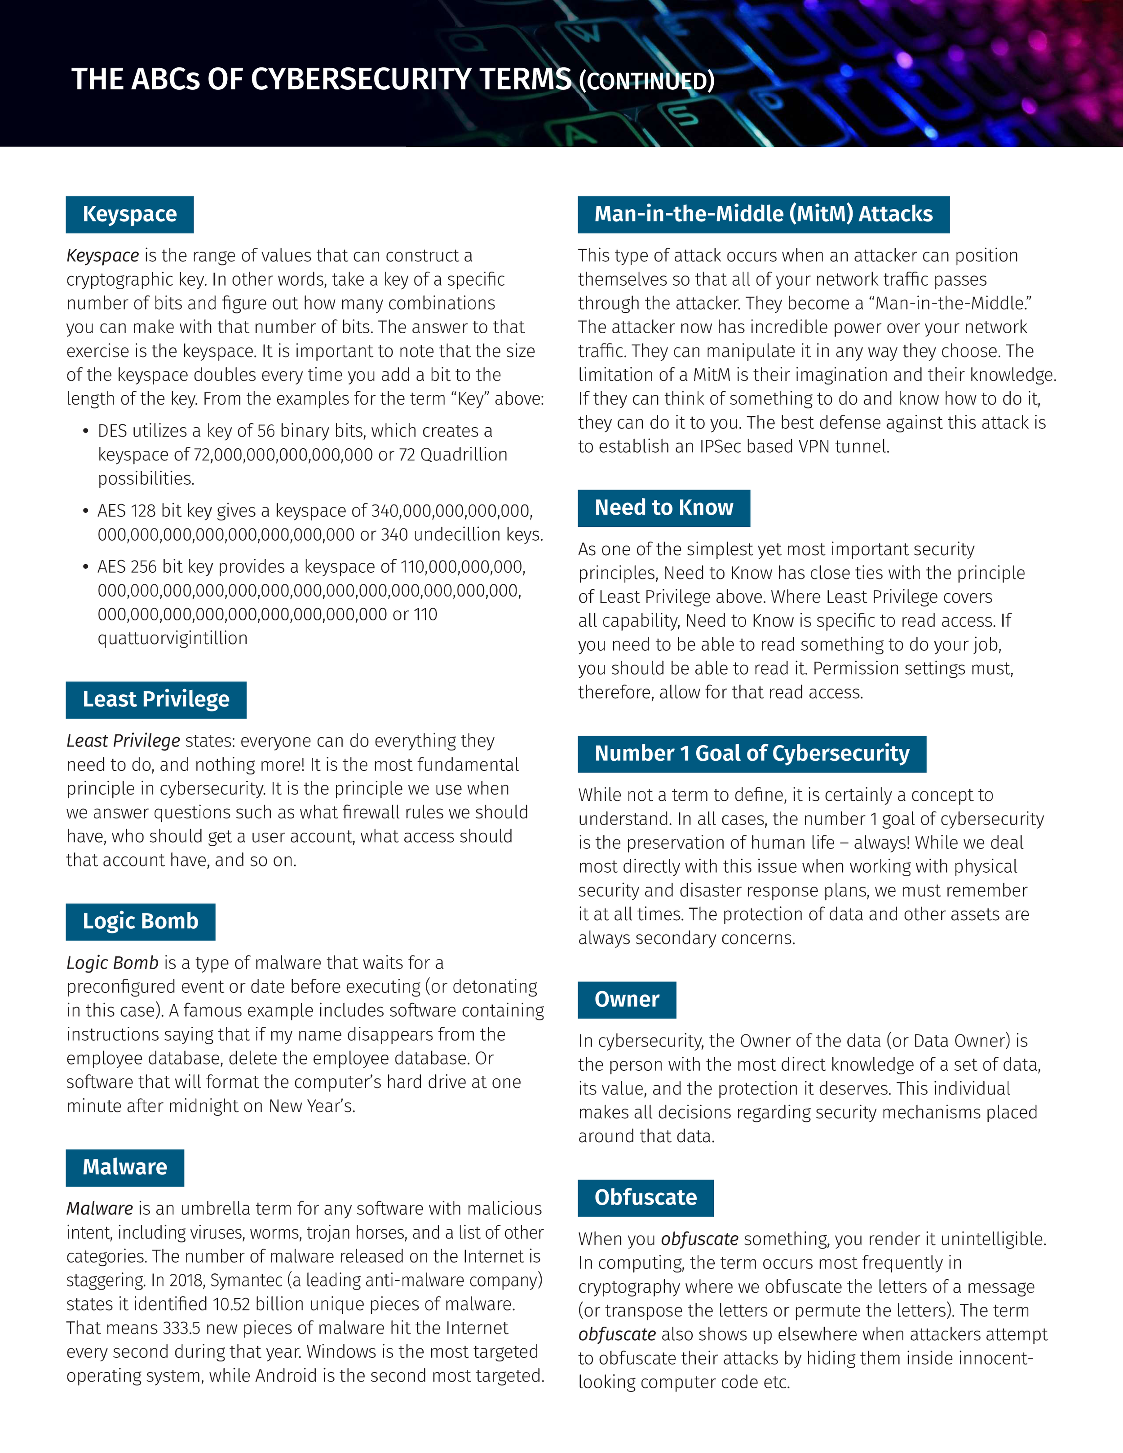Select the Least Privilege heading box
click(156, 699)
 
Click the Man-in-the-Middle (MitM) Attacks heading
click(763, 214)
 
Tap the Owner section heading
click(626, 999)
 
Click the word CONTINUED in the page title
click(647, 81)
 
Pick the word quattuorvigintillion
click(172, 639)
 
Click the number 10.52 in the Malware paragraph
click(231, 1305)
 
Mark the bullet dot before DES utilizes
click(85, 431)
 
